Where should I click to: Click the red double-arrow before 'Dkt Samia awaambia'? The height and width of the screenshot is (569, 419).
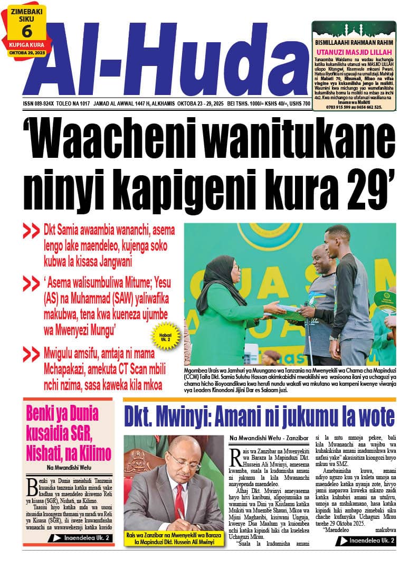pyautogui.click(x=32, y=231)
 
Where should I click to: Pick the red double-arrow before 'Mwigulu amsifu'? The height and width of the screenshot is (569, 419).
pyautogui.click(x=32, y=352)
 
